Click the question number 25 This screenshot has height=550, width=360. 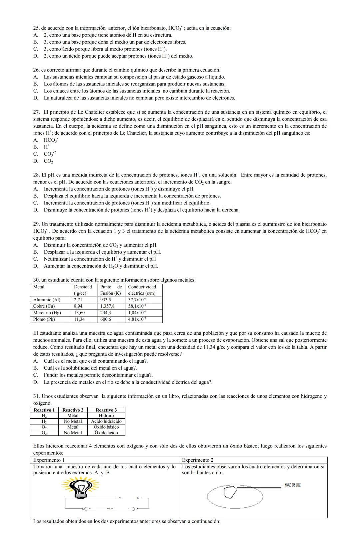coord(36,28)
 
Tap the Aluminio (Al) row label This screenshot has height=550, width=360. coord(47,300)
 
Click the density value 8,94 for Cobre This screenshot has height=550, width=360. coord(78,306)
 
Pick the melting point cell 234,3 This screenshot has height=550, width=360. coord(106,313)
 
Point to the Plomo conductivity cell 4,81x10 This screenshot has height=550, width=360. coord(137,319)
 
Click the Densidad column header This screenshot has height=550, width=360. coord(83,287)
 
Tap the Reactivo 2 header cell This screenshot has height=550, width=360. coord(73,410)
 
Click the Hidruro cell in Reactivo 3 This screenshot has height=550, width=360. coord(106,416)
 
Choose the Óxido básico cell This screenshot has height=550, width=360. coord(106,427)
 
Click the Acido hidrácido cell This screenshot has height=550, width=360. coord(106,421)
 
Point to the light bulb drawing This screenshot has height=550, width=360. coord(80,487)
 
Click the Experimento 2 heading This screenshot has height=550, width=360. coord(198,460)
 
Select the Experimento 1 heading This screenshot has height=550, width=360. coord(49,460)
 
